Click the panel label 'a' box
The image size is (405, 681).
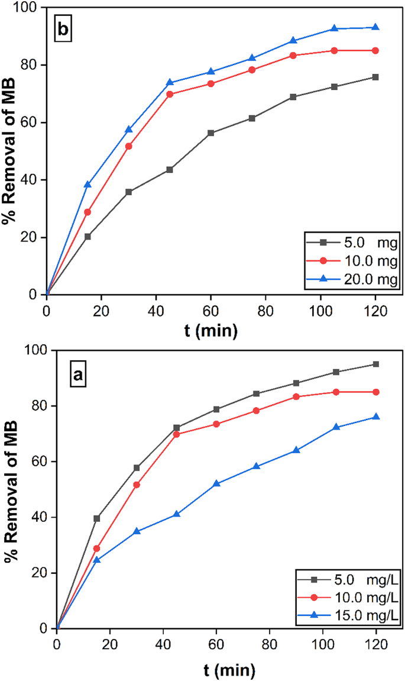click(77, 373)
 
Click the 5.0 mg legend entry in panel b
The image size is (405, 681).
click(343, 242)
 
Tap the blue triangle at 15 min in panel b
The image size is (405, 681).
click(88, 185)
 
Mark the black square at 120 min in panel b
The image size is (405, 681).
click(375, 77)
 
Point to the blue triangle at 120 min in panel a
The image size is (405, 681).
click(376, 417)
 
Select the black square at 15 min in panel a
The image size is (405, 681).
click(97, 518)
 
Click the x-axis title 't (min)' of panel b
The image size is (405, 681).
click(210, 332)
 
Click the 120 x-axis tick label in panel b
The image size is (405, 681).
click(375, 309)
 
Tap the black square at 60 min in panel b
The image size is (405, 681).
click(210, 133)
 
